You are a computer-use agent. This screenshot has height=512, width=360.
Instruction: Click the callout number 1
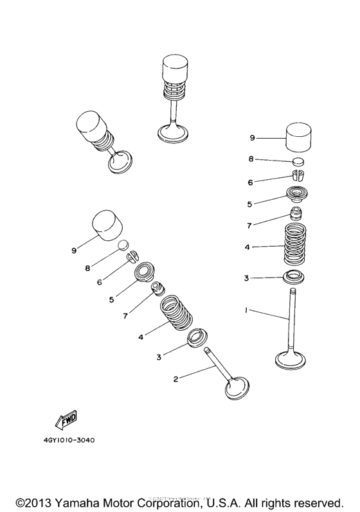(x=247, y=310)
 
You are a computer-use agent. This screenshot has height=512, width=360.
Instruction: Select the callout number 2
(x=175, y=380)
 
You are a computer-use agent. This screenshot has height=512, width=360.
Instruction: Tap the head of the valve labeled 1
(x=294, y=360)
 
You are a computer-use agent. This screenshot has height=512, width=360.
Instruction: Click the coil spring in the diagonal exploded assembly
(x=176, y=313)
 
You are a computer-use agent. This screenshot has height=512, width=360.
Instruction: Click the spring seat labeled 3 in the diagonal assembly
(x=198, y=337)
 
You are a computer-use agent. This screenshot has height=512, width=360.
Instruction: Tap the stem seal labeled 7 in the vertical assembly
(x=297, y=213)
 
